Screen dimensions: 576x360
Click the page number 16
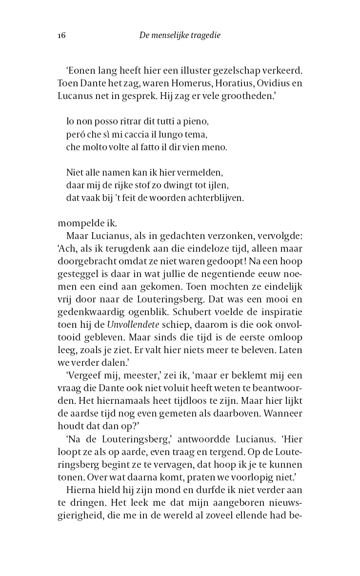(61, 36)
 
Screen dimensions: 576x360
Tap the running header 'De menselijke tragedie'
(180, 36)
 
